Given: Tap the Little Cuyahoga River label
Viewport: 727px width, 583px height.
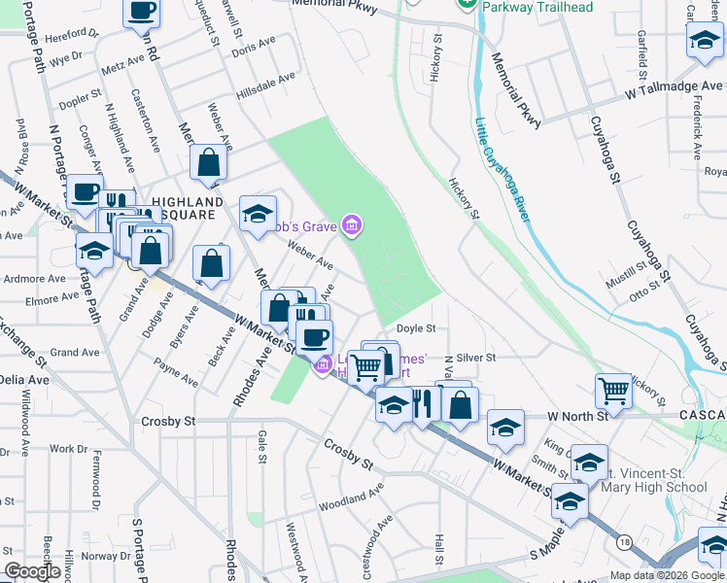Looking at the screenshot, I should (x=502, y=171).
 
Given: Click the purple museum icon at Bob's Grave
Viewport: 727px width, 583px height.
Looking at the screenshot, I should (x=352, y=226).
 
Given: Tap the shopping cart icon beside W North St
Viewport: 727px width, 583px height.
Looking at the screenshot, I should (x=613, y=392).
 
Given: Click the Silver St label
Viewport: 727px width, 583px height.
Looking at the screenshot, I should (x=476, y=358).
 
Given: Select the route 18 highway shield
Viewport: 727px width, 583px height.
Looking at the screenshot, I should (x=623, y=542).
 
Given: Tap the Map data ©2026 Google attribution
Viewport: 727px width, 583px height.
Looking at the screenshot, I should (x=667, y=575).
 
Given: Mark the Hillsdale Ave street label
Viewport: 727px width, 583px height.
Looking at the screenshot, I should (x=265, y=86).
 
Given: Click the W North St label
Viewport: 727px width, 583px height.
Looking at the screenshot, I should (x=576, y=416).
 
